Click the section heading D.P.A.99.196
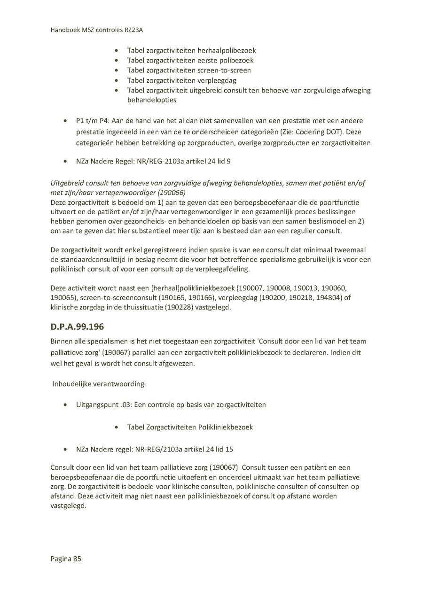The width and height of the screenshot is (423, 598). pyautogui.click(x=77, y=326)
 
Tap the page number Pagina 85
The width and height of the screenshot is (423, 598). pyautogui.click(x=66, y=559)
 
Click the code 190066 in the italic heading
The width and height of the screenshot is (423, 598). pyautogui.click(x=172, y=193)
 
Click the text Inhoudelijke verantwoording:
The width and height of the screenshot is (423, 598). pyautogui.click(x=99, y=384)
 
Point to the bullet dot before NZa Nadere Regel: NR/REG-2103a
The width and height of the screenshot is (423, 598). pyautogui.click(x=64, y=161)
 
